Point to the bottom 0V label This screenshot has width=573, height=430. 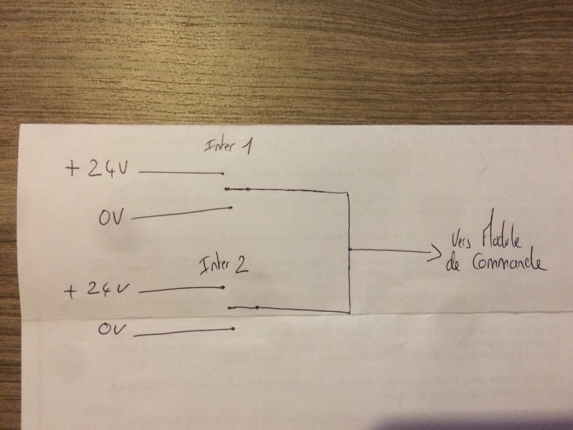pyautogui.click(x=110, y=329)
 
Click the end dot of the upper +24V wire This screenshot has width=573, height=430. pyautogui.click(x=223, y=174)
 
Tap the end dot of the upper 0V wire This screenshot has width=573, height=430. pyautogui.click(x=230, y=208)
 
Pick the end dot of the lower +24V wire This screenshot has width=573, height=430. pyautogui.click(x=223, y=288)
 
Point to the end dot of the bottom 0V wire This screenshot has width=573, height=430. pyautogui.click(x=233, y=328)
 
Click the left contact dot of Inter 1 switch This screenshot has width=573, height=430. pyautogui.click(x=228, y=189)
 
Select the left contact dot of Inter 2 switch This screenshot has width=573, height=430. pyautogui.click(x=229, y=308)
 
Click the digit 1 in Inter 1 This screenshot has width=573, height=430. pyautogui.click(x=247, y=146)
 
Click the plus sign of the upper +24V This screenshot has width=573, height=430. pyautogui.click(x=73, y=170)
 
